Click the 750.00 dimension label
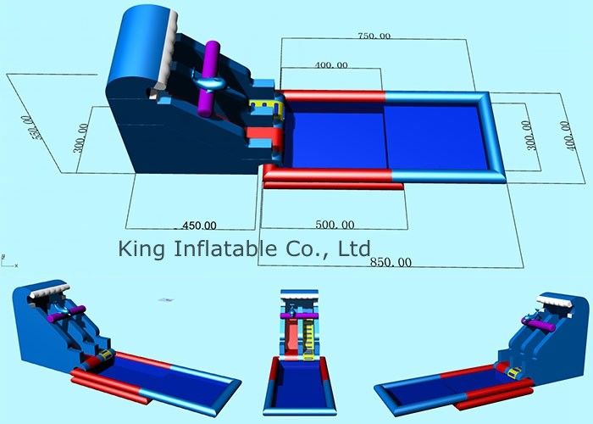(x=374, y=36)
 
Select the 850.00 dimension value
(x=391, y=262)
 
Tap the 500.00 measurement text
(x=335, y=225)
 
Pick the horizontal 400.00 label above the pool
(x=331, y=65)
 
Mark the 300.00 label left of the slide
(x=81, y=137)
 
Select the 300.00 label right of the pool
(x=529, y=136)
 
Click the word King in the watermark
(x=141, y=249)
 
